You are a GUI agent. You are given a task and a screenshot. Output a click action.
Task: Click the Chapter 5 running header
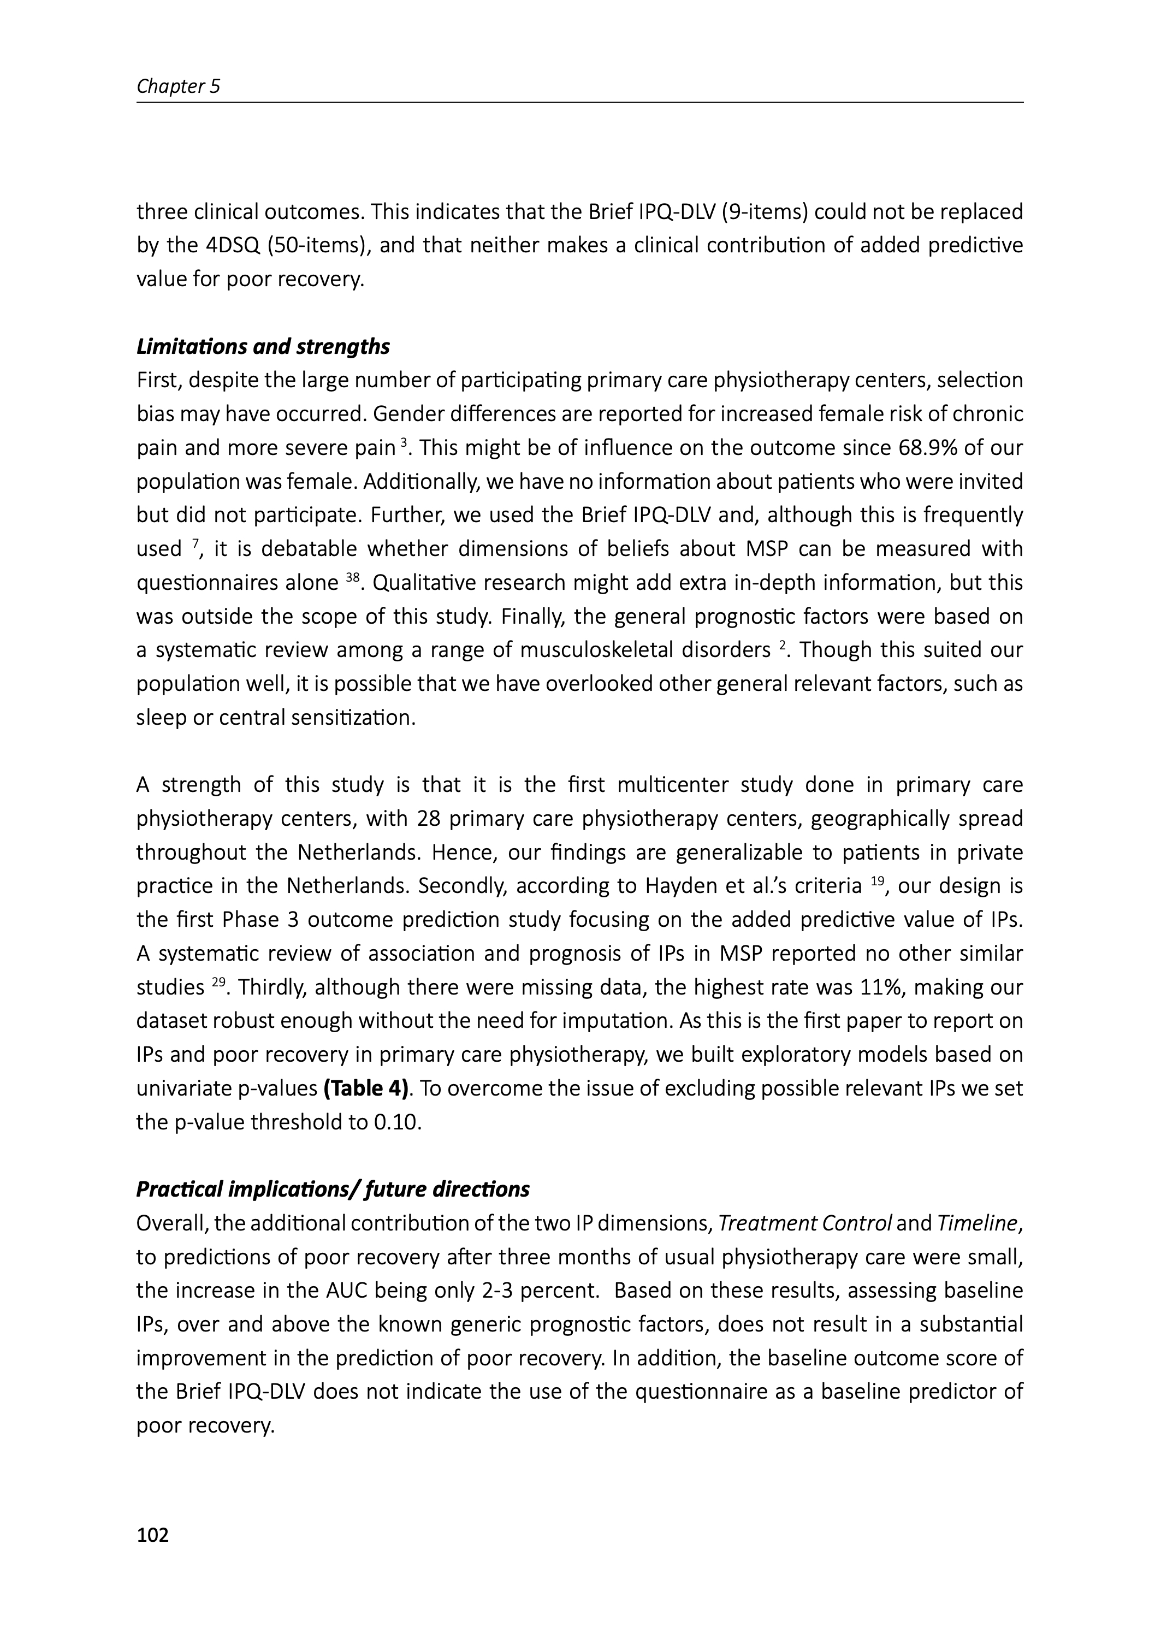pyautogui.click(x=178, y=86)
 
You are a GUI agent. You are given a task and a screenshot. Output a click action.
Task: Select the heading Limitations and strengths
pyautogui.click(x=263, y=347)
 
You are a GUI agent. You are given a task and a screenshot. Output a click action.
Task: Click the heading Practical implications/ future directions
pyautogui.click(x=333, y=1190)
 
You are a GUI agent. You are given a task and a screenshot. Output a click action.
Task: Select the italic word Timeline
pyautogui.click(x=976, y=1224)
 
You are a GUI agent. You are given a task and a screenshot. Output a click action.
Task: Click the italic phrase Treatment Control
pyautogui.click(x=804, y=1224)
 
